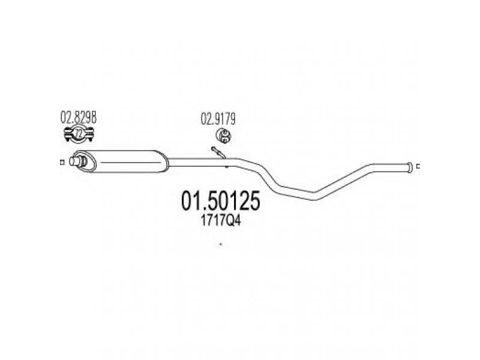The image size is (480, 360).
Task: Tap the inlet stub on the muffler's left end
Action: [x=76, y=161]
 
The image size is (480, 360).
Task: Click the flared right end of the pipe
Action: [x=410, y=167]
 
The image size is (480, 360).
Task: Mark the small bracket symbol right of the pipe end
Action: [x=419, y=167]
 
